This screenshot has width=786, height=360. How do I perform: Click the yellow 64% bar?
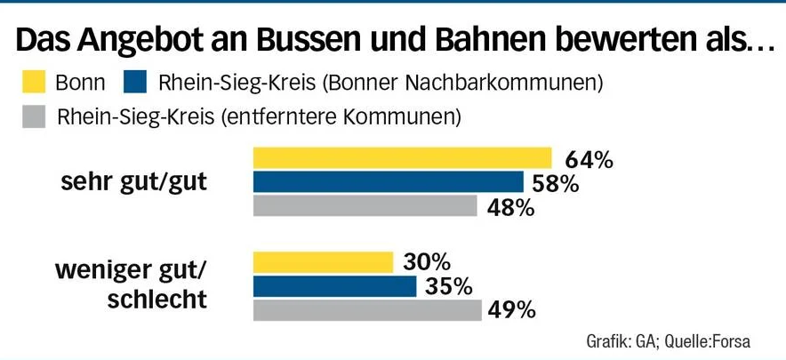pyautogui.click(x=402, y=158)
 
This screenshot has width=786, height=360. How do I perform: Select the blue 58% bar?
pyautogui.click(x=388, y=182)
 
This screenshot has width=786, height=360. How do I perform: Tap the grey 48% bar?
pyautogui.click(x=365, y=206)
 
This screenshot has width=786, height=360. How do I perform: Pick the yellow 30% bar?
pyautogui.click(x=323, y=262)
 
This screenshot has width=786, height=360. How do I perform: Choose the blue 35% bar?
pyautogui.click(x=334, y=286)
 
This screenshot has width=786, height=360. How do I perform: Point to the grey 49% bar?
pyautogui.click(x=367, y=310)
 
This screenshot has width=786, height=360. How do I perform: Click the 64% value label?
pyautogui.click(x=589, y=161)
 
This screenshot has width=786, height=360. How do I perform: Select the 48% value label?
pyautogui.click(x=510, y=208)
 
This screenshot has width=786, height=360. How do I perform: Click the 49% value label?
pyautogui.click(x=512, y=310)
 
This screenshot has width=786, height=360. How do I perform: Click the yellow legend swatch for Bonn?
pyautogui.click(x=32, y=84)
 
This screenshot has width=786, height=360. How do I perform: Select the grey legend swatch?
pyautogui.click(x=32, y=116)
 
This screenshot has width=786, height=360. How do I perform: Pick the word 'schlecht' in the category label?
pyautogui.click(x=156, y=300)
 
